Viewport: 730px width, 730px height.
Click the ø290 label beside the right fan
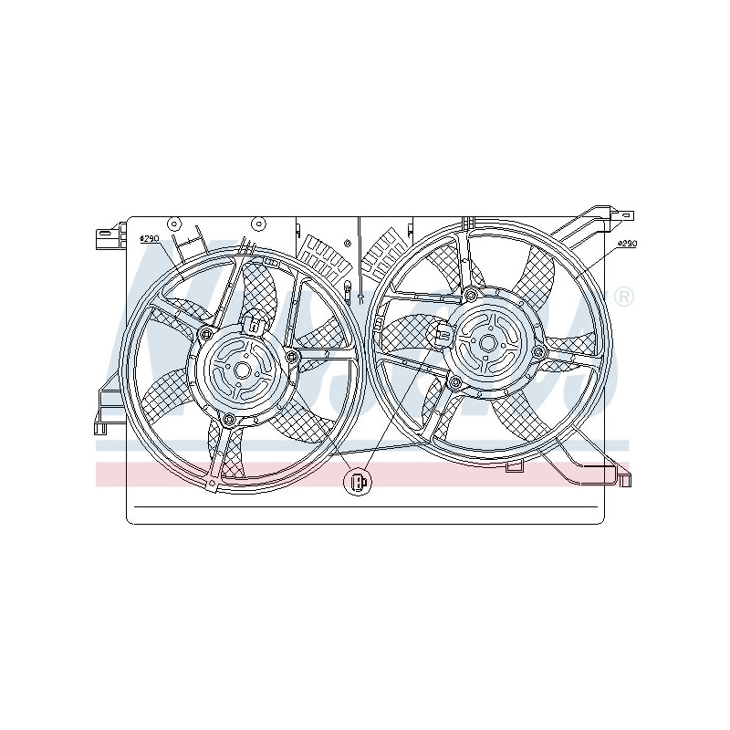point(626,244)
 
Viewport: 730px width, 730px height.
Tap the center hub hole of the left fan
point(242,370)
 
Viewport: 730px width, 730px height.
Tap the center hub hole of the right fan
point(487,342)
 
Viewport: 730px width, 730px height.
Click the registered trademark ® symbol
point(623,297)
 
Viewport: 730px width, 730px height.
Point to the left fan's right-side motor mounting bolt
point(291,356)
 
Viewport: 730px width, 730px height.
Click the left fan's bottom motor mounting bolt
point(229,420)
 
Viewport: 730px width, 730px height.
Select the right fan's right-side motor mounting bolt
point(538,352)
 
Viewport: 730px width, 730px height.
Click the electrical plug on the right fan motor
point(443,334)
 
